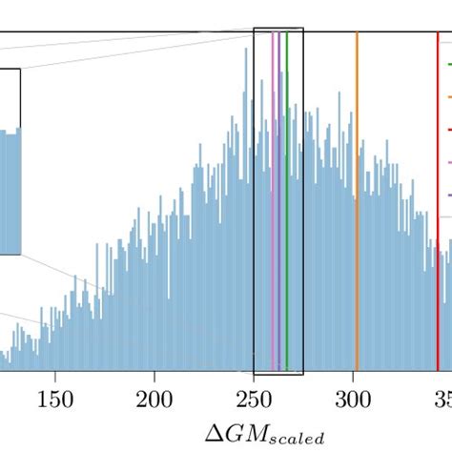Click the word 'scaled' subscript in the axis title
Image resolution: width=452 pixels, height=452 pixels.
295,438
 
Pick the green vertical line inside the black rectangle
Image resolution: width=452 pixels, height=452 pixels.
286,191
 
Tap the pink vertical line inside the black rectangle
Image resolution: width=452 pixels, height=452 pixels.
273,191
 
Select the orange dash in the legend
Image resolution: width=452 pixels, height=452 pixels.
448,97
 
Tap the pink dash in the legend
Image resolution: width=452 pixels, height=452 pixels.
448,163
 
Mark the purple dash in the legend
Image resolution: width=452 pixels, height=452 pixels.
448,195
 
